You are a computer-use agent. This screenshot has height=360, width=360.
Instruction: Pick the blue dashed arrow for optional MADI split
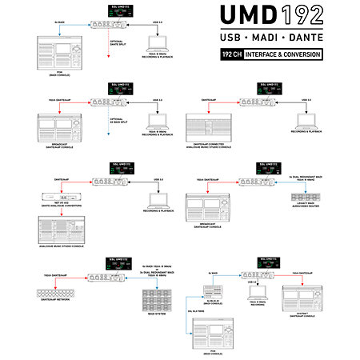(104, 128)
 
